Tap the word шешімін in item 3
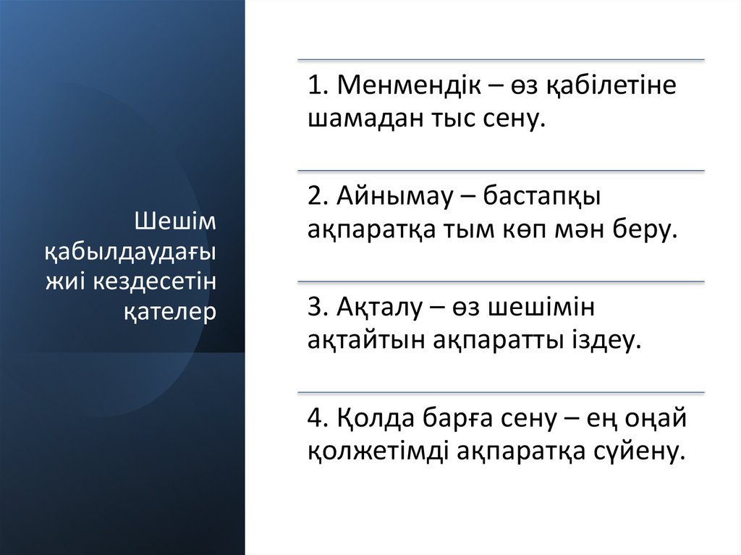coord(541,307)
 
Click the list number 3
coord(316,307)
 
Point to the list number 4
coord(316,418)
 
